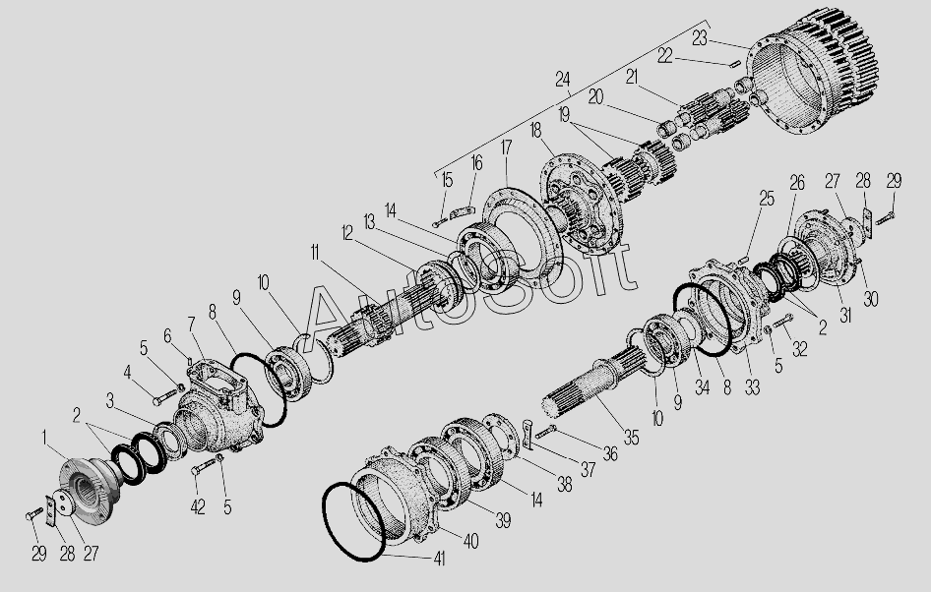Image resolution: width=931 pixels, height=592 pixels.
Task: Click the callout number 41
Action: (439, 559)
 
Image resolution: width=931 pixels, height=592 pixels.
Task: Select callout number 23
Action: (700, 38)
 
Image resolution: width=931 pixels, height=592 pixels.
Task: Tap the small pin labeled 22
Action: (734, 64)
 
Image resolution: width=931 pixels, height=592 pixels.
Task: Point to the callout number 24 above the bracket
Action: (562, 79)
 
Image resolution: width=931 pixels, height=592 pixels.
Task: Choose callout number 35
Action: (631, 438)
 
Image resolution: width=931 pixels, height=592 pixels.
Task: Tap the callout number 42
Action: (198, 506)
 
